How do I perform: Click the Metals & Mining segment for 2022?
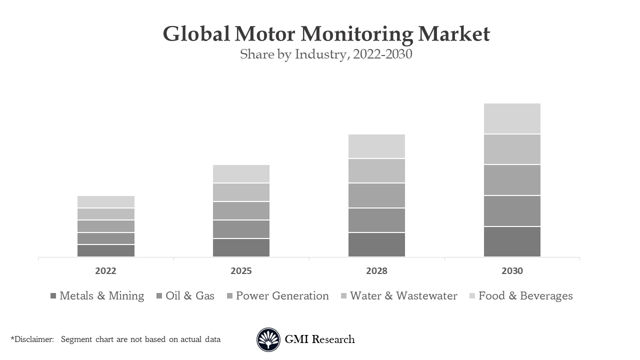click(x=105, y=250)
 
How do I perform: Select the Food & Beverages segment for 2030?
click(x=512, y=118)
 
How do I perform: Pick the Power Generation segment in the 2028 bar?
click(x=376, y=195)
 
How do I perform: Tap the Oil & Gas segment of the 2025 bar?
click(x=241, y=229)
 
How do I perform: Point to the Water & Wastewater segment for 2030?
click(x=512, y=149)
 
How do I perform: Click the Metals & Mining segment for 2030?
click(x=512, y=241)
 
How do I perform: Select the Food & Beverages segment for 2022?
click(x=105, y=201)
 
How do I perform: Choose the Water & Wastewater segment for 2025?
click(x=241, y=192)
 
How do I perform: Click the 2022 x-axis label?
click(x=105, y=271)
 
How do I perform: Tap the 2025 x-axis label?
click(x=241, y=271)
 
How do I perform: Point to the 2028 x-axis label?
click(x=376, y=271)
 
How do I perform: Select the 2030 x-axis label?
click(x=512, y=271)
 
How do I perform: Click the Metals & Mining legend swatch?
click(x=53, y=296)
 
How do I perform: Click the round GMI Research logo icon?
click(x=268, y=340)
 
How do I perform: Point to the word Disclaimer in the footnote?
click(x=33, y=339)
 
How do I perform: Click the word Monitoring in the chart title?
click(x=357, y=34)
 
